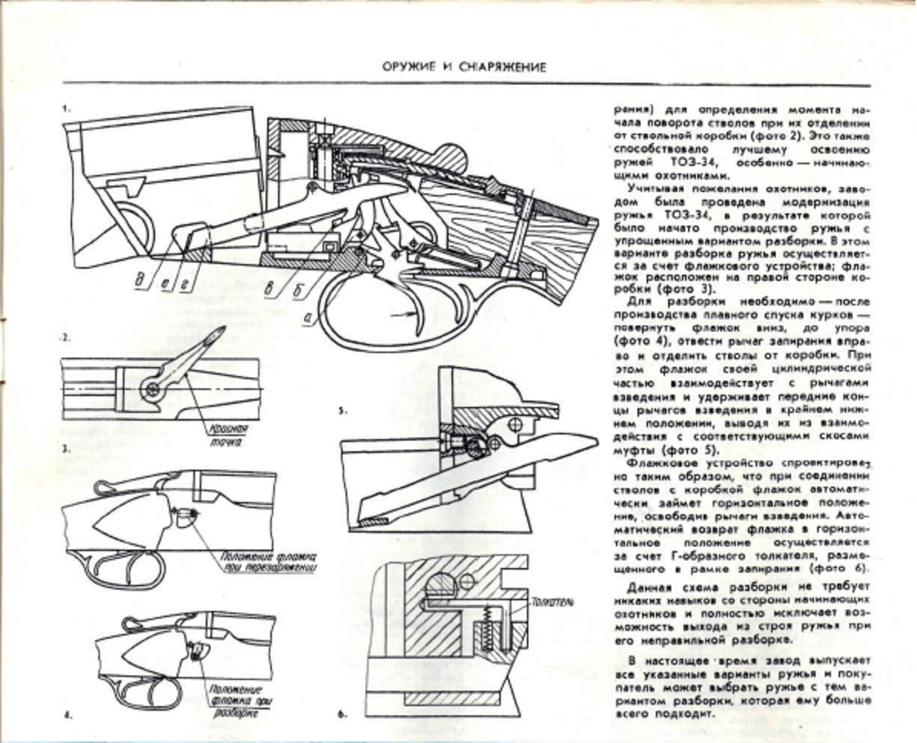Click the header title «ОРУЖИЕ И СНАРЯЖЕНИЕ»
click(x=465, y=67)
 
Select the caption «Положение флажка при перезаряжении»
click(x=269, y=562)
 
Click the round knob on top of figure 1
click(x=453, y=157)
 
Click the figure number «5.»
click(x=343, y=411)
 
